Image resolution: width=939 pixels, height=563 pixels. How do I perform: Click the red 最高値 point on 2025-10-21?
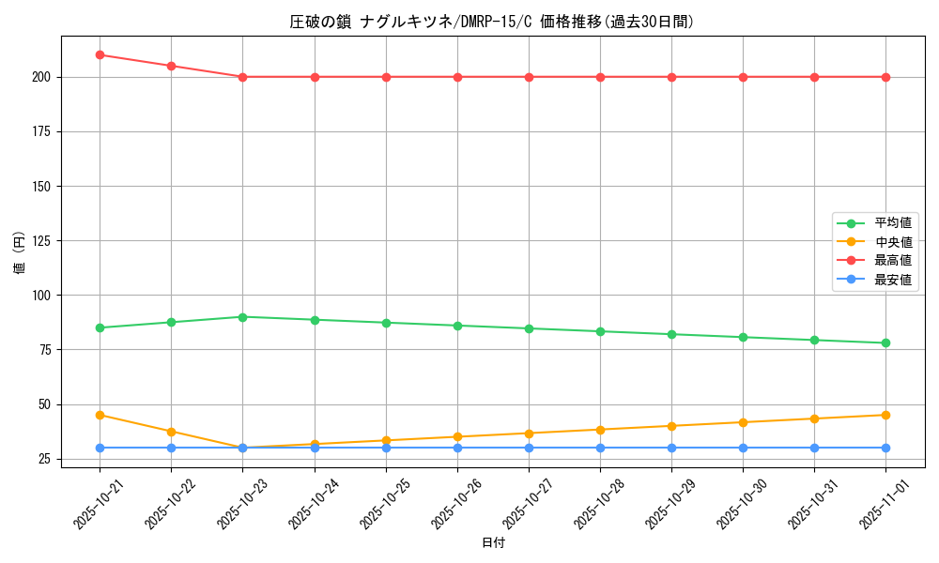100,54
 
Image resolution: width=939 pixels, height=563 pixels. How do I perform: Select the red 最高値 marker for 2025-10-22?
171,66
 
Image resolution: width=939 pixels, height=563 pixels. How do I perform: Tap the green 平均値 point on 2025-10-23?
242,317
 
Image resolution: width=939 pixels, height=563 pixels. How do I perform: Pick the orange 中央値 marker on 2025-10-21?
100,415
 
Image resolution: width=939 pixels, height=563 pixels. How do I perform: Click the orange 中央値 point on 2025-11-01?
885,415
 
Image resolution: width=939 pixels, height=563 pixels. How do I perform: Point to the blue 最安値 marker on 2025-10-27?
529,448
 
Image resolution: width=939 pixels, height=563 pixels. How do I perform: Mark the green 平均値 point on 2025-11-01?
885,343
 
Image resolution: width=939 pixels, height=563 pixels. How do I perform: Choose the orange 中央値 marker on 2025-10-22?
171,432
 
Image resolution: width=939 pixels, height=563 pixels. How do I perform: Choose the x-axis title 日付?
493,543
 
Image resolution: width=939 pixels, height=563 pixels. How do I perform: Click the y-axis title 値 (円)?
20,253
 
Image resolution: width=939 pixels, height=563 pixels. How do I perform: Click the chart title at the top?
493,22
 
